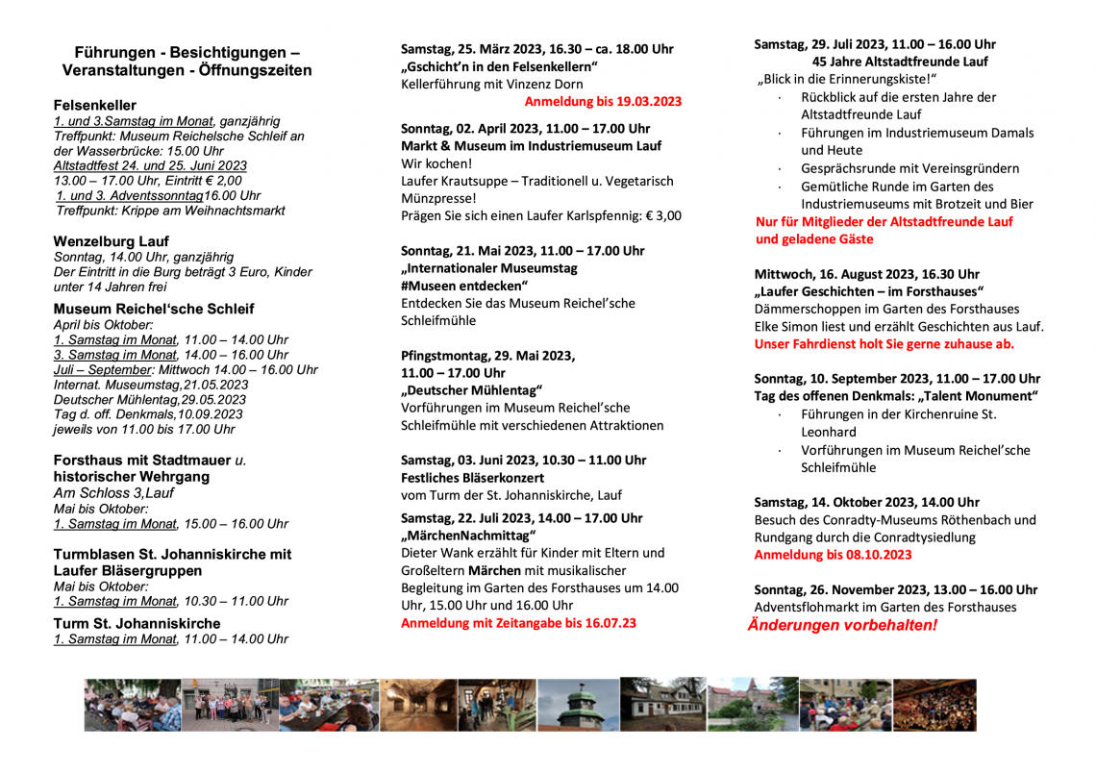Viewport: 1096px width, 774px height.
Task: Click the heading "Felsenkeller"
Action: (94, 105)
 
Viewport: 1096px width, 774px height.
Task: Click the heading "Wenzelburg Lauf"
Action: (111, 240)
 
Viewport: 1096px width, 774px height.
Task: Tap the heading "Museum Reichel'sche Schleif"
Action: (154, 309)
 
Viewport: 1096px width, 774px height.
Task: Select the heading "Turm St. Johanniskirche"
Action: (137, 623)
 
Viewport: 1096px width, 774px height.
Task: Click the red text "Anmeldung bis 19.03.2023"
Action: (603, 101)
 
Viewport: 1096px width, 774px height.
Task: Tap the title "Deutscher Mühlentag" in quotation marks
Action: (471, 389)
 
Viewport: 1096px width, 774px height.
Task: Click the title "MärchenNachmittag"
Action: (468, 535)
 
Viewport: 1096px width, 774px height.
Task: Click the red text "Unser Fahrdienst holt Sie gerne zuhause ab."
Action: (884, 343)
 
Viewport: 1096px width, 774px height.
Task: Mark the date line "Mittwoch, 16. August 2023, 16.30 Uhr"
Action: (866, 274)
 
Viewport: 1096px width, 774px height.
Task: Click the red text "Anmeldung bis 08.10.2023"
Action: (833, 555)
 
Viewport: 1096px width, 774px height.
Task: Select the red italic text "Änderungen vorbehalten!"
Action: (842, 625)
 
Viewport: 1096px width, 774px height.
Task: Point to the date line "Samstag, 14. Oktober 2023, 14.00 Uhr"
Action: (866, 502)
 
